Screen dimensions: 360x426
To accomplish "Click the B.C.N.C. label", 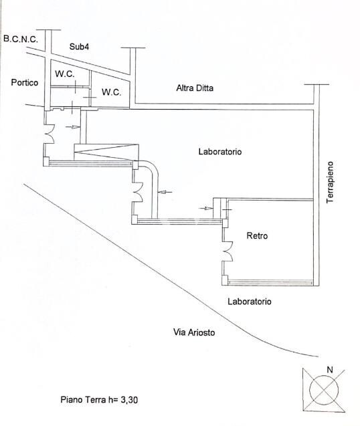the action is (x=21, y=39).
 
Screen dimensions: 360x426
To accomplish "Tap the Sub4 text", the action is (x=79, y=46).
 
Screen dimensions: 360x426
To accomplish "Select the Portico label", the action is (x=25, y=82).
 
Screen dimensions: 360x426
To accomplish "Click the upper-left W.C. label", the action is (x=65, y=74).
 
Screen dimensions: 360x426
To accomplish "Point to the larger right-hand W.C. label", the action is (x=112, y=92).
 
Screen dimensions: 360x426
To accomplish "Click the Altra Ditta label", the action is (x=195, y=88).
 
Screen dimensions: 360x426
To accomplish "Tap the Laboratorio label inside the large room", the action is (x=220, y=151).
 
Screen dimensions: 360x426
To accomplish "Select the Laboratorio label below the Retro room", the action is (x=250, y=302).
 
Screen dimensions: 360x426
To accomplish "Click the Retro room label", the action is (x=257, y=235).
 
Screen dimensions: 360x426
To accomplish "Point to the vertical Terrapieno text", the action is (x=330, y=182).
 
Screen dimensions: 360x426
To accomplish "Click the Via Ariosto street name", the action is (x=194, y=332).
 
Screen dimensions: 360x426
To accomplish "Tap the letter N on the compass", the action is (x=330, y=370).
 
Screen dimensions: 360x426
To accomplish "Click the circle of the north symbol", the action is (x=324, y=390).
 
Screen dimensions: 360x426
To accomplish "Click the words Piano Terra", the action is (x=83, y=400).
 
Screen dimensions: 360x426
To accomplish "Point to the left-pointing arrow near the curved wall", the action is (x=165, y=193).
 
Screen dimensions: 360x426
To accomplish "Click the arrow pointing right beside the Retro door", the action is (x=206, y=208).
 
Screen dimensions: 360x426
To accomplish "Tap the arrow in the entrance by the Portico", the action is (x=73, y=126).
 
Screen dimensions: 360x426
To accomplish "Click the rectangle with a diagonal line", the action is (x=106, y=152).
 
